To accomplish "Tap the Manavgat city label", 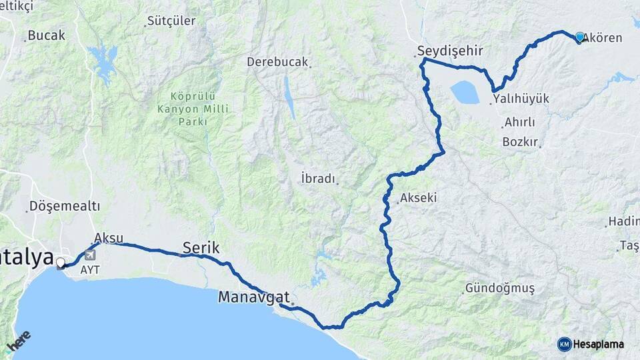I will (x=254, y=297).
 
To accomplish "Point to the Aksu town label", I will (x=109, y=237).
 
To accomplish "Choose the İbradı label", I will (x=318, y=179).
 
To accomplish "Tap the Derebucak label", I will (x=277, y=62).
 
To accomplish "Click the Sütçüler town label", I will (x=171, y=21).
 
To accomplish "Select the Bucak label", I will (x=47, y=35).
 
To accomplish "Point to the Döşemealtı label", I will (x=64, y=206).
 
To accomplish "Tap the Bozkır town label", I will (x=520, y=142).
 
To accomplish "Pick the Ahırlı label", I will (x=520, y=123).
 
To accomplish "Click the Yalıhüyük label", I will (x=521, y=99).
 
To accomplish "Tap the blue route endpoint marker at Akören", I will (x=579, y=37).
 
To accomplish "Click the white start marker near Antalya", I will (x=61, y=263).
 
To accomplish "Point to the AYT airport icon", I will (x=90, y=255).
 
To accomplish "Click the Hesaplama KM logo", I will (x=591, y=344).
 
